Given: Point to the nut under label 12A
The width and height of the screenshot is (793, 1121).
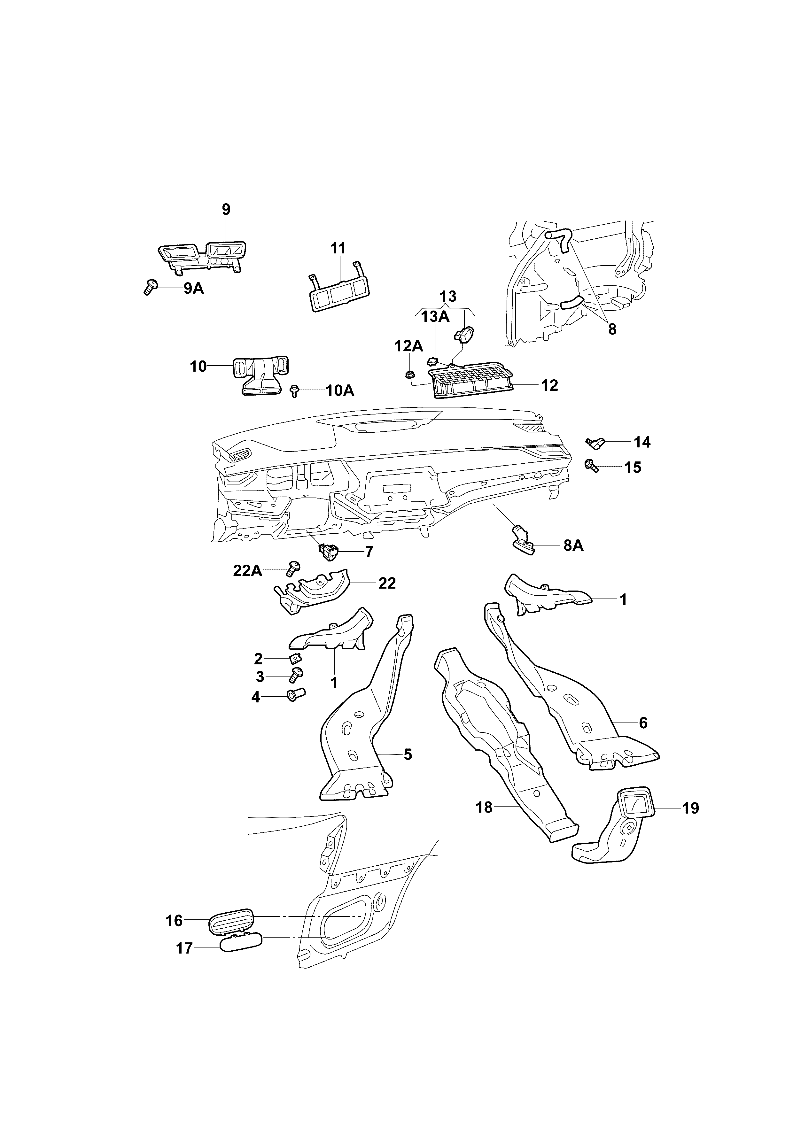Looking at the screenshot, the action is click(x=411, y=375).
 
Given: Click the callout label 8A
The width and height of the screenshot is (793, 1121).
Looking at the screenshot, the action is click(x=573, y=545).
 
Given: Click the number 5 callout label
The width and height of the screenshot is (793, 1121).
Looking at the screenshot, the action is click(x=408, y=754).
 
